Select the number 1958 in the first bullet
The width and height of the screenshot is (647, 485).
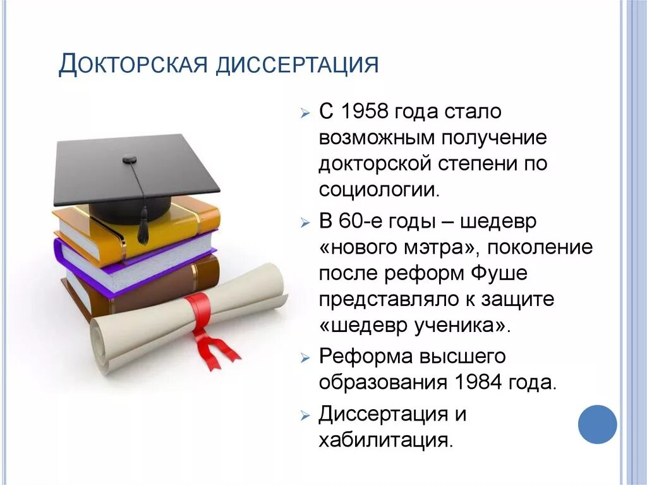[364, 111]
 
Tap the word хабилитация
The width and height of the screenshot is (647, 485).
[385, 439]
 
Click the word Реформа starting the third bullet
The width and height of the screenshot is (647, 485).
[365, 357]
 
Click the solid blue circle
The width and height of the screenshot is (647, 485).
[597, 424]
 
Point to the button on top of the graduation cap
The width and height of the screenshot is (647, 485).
[130, 158]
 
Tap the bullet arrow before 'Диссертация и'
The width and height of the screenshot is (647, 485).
[305, 416]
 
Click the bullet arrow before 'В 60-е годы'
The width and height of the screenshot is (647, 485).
[305, 223]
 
